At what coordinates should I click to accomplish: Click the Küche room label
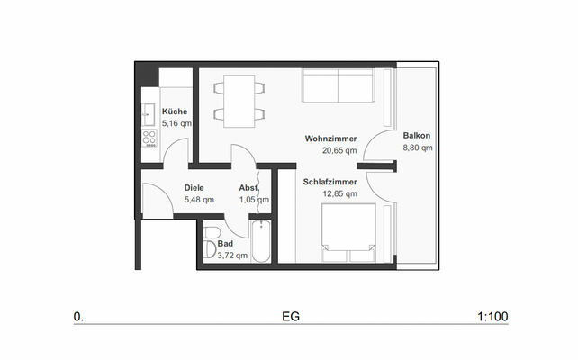[x=175, y=112]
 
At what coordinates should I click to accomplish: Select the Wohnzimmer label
[x=330, y=139]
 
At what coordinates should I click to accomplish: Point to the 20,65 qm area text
[x=330, y=150]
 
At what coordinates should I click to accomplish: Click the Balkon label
[x=417, y=135]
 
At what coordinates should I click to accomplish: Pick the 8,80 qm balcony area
[x=418, y=147]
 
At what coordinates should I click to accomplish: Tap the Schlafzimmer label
[x=330, y=182]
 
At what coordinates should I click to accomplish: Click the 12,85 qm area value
[x=330, y=193]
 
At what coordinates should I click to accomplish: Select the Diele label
[x=194, y=188]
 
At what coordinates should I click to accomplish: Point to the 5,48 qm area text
[x=199, y=199]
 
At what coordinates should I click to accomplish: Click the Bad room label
[x=225, y=244]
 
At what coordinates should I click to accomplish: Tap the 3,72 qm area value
[x=232, y=256]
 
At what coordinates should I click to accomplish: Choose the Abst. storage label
[x=249, y=188]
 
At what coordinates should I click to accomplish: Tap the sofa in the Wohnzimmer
[x=338, y=87]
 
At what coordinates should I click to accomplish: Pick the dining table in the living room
[x=239, y=100]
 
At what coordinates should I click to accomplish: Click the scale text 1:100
[x=493, y=317]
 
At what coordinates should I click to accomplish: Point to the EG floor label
[x=290, y=317]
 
